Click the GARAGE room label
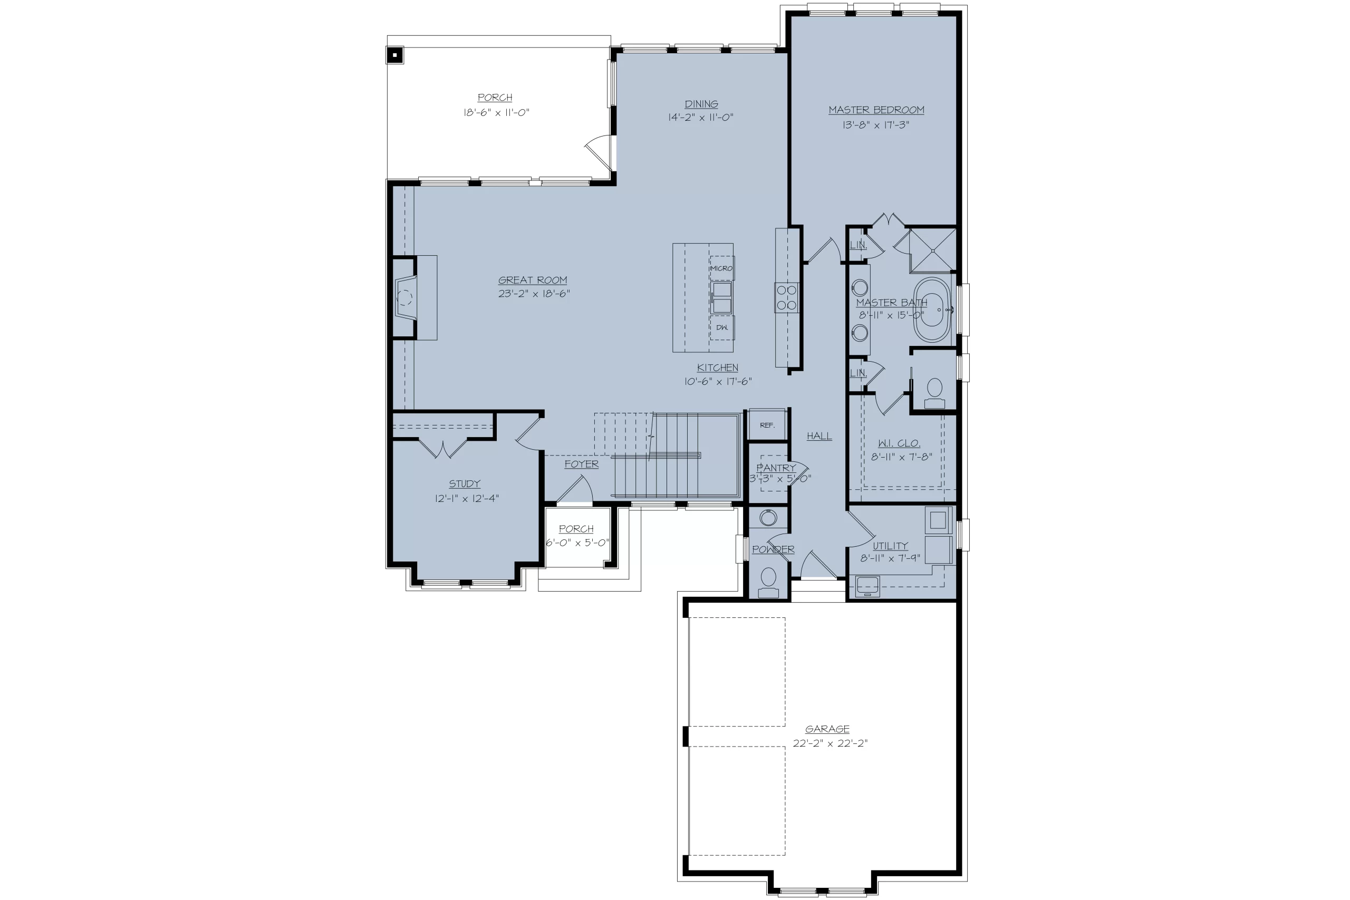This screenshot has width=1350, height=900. (827, 729)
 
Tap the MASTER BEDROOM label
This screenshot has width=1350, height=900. (876, 110)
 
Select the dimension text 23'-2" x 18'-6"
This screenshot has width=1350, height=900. (534, 294)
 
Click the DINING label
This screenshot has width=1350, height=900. (701, 104)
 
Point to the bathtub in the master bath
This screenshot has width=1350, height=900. (932, 310)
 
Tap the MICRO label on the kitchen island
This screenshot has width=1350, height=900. (721, 268)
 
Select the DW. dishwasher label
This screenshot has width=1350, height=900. (722, 328)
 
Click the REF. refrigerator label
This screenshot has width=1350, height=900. (767, 425)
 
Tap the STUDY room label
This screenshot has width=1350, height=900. (465, 484)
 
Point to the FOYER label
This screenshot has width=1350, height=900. (582, 464)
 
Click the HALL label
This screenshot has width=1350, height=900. (819, 436)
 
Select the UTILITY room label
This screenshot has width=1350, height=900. (890, 546)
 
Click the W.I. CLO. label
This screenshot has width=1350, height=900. (899, 443)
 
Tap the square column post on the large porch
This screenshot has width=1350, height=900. (395, 56)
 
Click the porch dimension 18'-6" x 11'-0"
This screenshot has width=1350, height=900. (496, 112)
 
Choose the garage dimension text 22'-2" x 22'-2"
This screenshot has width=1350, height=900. (831, 743)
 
